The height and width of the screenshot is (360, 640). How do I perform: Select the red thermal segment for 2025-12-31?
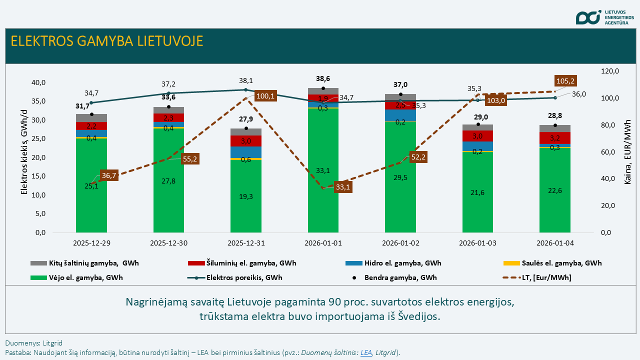[246, 141]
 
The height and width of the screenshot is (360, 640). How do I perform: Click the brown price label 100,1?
[265, 96]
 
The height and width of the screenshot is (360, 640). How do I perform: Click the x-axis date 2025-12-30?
[168, 243]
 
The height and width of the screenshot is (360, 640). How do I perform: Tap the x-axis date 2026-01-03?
[477, 243]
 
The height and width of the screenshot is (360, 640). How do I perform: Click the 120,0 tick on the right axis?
[609, 71]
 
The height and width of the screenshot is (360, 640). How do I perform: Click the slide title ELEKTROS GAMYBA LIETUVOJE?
[107, 41]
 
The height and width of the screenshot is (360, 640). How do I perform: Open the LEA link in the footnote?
[366, 352]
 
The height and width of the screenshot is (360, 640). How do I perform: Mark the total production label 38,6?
[323, 78]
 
